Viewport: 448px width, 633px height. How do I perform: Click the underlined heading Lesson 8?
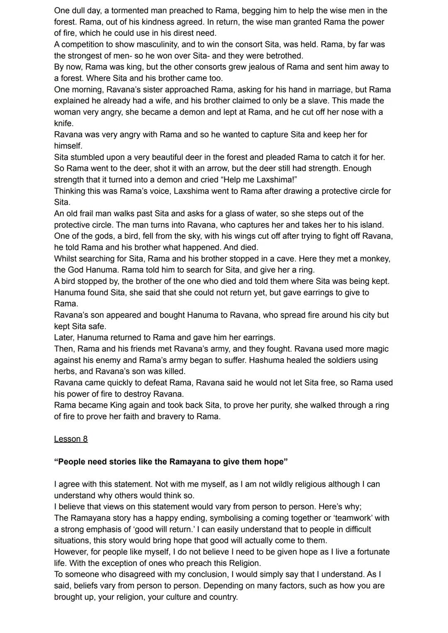tap(71, 439)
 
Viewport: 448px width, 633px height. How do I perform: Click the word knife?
tap(63, 123)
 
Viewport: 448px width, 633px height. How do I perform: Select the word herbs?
tap(65, 371)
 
